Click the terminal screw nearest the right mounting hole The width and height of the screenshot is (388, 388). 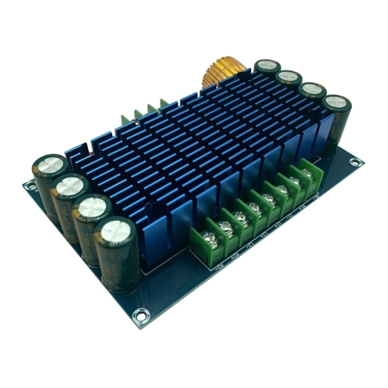(306, 172)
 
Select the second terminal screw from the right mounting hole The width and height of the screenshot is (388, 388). (294, 181)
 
